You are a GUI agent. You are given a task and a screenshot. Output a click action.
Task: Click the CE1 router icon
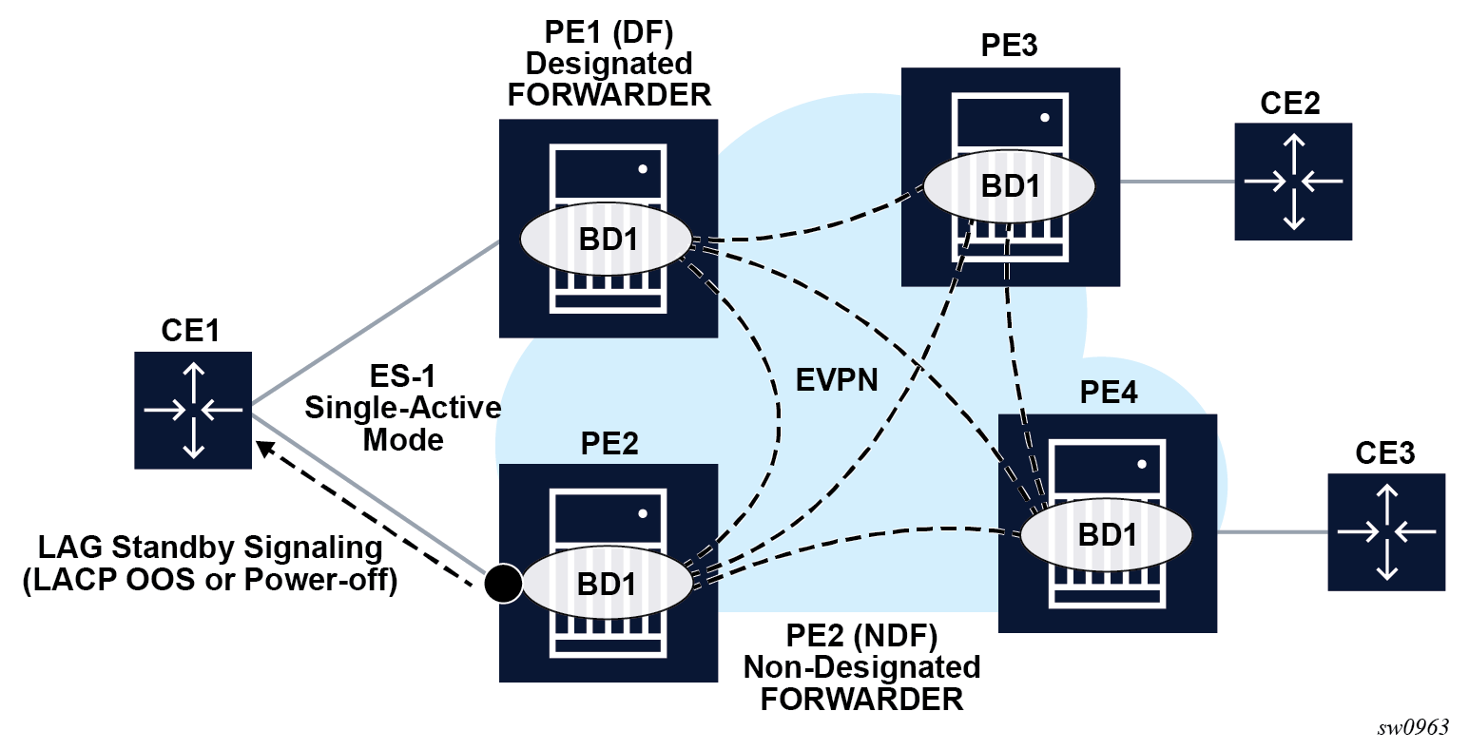(193, 410)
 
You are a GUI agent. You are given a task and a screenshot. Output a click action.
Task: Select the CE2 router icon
(1293, 181)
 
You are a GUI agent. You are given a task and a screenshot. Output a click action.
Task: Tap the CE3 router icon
(1386, 531)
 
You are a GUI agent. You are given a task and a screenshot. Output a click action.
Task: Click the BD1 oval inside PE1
(606, 240)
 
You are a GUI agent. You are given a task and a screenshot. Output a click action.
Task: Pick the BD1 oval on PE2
(606, 584)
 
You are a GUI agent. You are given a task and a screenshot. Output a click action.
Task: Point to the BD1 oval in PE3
(1009, 186)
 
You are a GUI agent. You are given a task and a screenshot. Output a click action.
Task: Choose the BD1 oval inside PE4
(1107, 534)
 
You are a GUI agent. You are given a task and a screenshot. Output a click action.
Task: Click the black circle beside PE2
(503, 583)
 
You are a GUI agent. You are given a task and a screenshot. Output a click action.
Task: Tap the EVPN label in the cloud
(837, 380)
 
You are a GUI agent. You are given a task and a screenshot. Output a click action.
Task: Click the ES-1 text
(402, 376)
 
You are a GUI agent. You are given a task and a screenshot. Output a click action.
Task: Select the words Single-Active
(402, 408)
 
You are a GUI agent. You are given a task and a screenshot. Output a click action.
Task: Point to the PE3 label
(1009, 46)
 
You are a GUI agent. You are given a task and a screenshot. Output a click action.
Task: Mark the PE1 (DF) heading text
(609, 32)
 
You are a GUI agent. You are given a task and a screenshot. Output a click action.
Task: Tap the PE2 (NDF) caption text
(861, 635)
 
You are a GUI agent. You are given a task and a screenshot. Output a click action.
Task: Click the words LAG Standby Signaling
(210, 548)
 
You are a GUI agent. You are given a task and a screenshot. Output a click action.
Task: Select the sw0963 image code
(1413, 727)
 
